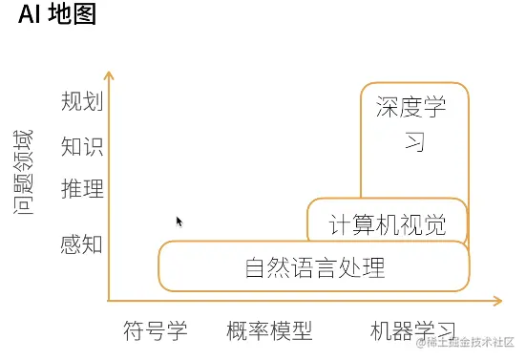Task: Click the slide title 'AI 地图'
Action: point(58,16)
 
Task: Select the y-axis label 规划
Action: point(81,101)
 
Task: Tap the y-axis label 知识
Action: point(81,146)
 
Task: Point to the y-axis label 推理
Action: point(81,188)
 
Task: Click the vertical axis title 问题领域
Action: point(24,172)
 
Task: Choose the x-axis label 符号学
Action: point(156,331)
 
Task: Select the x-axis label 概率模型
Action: point(270,331)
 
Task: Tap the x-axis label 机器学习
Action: point(412,331)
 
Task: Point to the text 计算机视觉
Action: point(387,225)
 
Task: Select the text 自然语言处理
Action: point(315,267)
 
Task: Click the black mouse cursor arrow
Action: point(179,222)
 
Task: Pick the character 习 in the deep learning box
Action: point(412,142)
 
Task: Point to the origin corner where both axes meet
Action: point(111,301)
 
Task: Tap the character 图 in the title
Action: point(85,16)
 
